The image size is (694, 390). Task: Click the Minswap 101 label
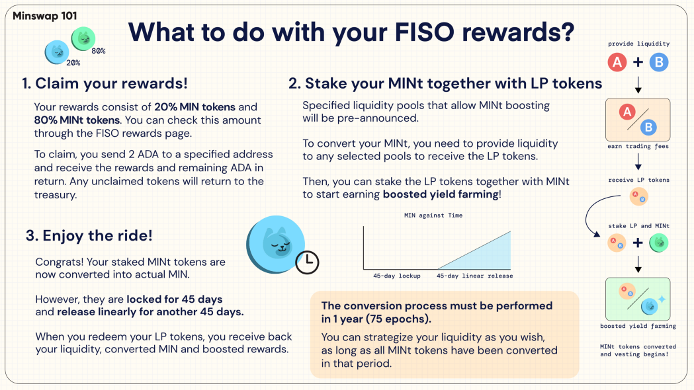click(x=45, y=16)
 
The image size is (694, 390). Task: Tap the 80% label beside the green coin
click(x=99, y=51)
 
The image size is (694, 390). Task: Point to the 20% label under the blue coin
click(x=73, y=63)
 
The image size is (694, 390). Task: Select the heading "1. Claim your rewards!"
click(x=105, y=83)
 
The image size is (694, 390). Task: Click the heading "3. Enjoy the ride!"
click(x=89, y=235)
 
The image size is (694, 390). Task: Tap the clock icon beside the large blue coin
click(x=307, y=262)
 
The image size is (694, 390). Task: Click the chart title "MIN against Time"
click(x=433, y=215)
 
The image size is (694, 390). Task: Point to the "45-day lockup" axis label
click(x=396, y=276)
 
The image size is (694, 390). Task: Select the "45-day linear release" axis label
click(x=475, y=276)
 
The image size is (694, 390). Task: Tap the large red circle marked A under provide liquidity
click(x=617, y=62)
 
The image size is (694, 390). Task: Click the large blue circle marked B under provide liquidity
click(x=659, y=62)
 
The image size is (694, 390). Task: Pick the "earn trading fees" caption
click(x=638, y=146)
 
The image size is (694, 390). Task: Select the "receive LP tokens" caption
click(x=638, y=180)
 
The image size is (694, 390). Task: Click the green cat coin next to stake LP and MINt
click(x=658, y=243)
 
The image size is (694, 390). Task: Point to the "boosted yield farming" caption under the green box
click(x=638, y=326)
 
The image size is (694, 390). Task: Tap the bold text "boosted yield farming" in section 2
click(x=441, y=194)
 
